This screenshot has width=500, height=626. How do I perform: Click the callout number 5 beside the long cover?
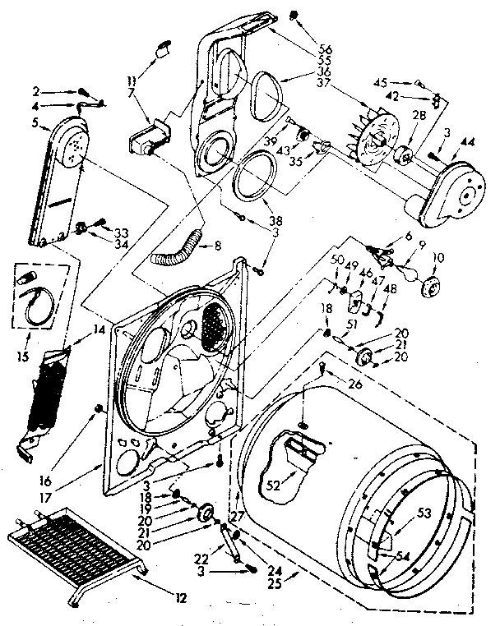[35, 123]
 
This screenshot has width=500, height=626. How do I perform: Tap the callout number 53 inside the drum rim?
[424, 513]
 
